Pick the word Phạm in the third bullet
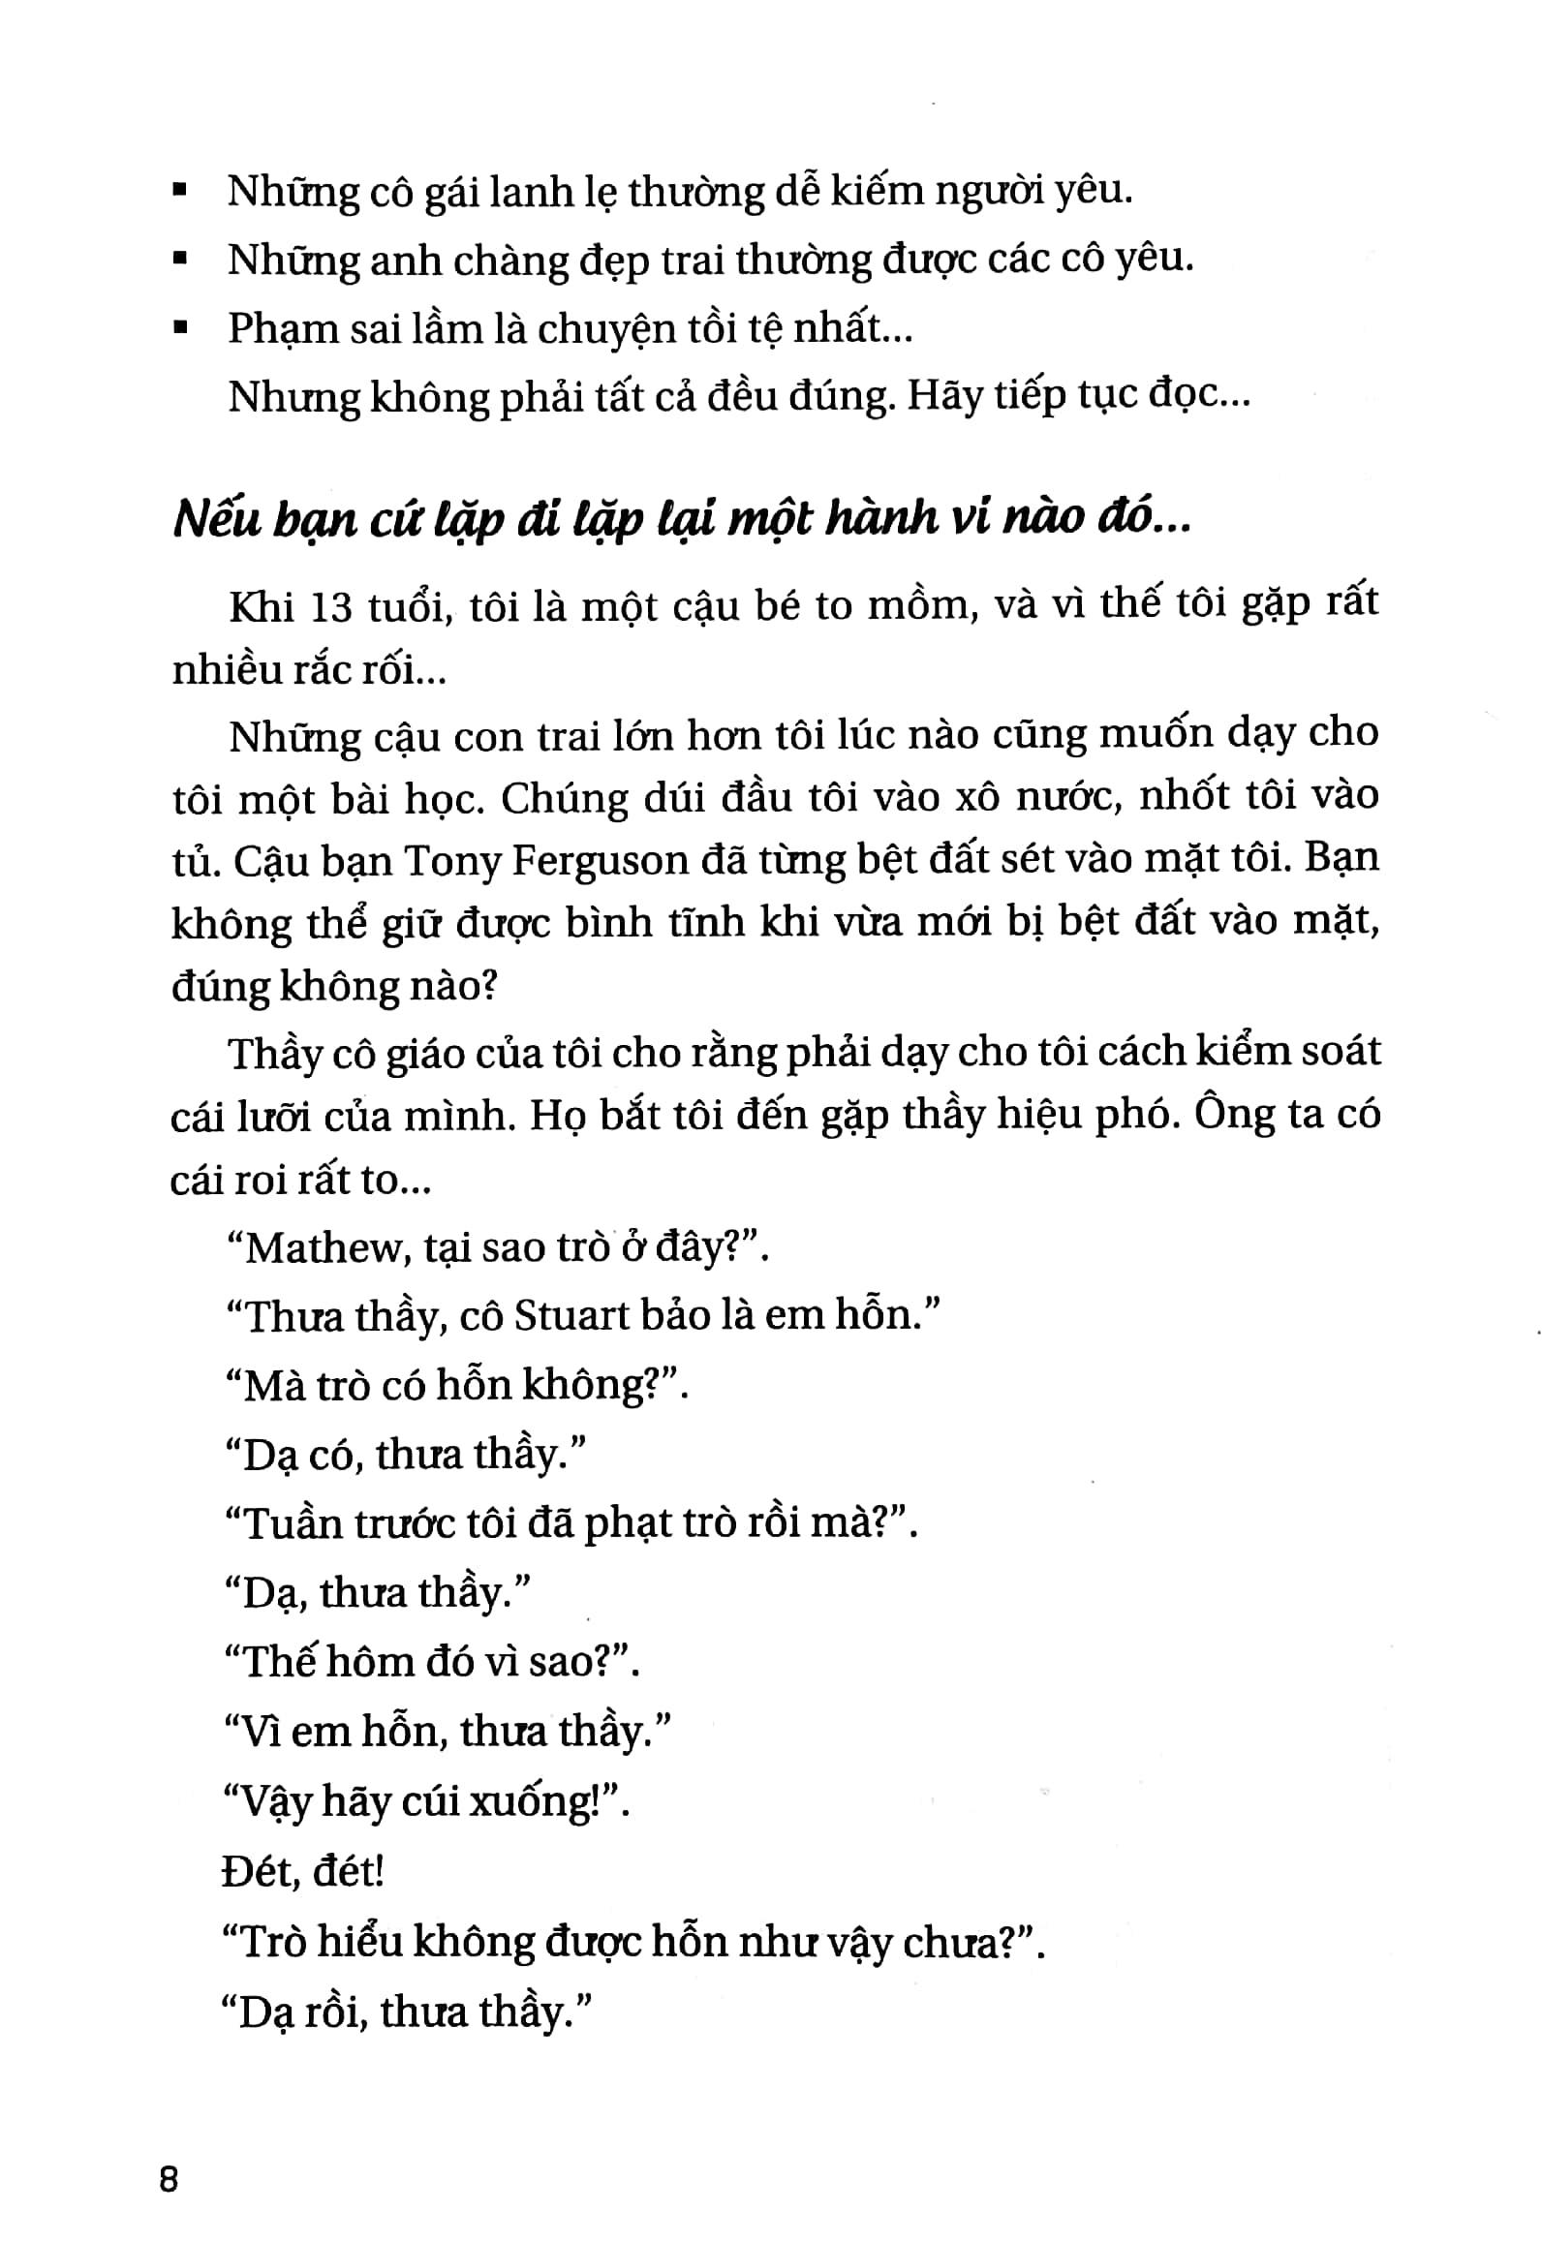coord(278,330)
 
